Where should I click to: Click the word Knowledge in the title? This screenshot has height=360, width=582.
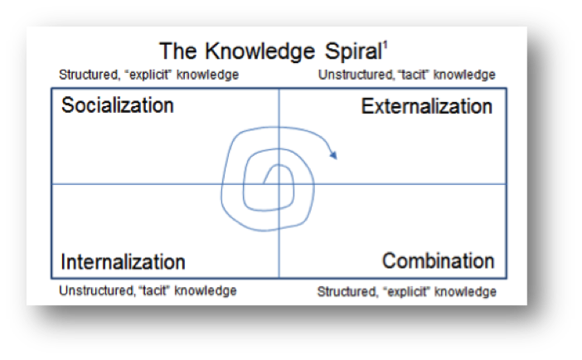pyautogui.click(x=259, y=52)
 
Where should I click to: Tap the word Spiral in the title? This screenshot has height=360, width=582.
pyautogui.click(x=353, y=52)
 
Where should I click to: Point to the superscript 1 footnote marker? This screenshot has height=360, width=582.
pyautogui.click(x=386, y=46)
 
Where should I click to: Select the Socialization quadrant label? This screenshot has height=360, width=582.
pyautogui.click(x=118, y=105)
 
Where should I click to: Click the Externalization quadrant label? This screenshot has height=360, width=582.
pyautogui.click(x=427, y=106)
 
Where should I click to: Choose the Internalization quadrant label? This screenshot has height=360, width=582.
pyautogui.click(x=123, y=261)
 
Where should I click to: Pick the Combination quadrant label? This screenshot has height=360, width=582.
pyautogui.click(x=439, y=260)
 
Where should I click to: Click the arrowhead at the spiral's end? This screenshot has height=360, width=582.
pyautogui.click(x=333, y=154)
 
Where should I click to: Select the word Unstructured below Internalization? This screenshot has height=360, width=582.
pyautogui.click(x=97, y=290)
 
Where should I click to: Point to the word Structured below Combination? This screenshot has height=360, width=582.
pyautogui.click(x=347, y=292)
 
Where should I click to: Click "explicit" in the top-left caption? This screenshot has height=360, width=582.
pyautogui.click(x=148, y=75)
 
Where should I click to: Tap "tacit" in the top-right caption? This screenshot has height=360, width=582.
pyautogui.click(x=414, y=75)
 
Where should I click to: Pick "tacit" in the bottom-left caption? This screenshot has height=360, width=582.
pyautogui.click(x=154, y=290)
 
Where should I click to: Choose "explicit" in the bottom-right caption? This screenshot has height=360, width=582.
pyautogui.click(x=407, y=292)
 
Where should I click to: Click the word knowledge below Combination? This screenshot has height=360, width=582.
pyautogui.click(x=465, y=292)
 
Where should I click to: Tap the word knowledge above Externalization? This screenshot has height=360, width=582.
pyautogui.click(x=464, y=75)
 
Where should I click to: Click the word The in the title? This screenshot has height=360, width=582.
pyautogui.click(x=178, y=52)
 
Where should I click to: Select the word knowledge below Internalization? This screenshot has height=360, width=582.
pyautogui.click(x=206, y=290)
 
